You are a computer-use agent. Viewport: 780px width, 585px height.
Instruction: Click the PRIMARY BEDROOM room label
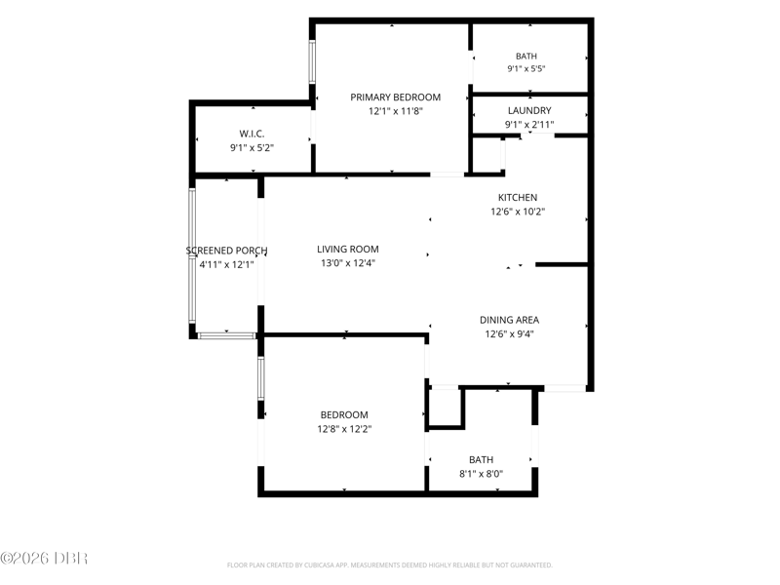pyautogui.click(x=396, y=97)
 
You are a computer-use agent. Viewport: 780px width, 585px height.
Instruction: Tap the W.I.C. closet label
pyautogui.click(x=252, y=134)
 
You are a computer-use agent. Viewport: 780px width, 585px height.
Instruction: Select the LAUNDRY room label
pyautogui.click(x=529, y=110)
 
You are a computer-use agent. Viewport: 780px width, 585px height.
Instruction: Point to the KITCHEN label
pyautogui.click(x=518, y=198)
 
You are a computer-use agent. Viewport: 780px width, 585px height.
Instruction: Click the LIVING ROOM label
pyautogui.click(x=348, y=250)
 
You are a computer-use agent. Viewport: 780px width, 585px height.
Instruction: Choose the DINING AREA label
pyautogui.click(x=509, y=320)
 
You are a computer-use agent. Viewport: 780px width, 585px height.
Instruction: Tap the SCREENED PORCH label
pyautogui.click(x=227, y=251)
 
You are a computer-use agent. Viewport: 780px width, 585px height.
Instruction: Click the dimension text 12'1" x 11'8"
pyautogui.click(x=396, y=111)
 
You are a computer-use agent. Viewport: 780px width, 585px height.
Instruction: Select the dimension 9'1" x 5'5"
pyautogui.click(x=526, y=68)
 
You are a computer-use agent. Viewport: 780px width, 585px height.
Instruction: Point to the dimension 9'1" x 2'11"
pyautogui.click(x=529, y=125)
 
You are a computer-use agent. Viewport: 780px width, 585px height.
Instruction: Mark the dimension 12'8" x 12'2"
pyautogui.click(x=344, y=429)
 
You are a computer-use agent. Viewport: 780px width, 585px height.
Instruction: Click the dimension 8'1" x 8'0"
pyautogui.click(x=481, y=474)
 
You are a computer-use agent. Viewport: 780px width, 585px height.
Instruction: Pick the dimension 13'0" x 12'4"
pyautogui.click(x=348, y=263)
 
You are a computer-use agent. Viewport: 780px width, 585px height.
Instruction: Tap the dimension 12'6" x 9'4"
pyautogui.click(x=509, y=333)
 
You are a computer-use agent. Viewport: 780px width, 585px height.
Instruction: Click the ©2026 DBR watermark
pyautogui.click(x=44, y=558)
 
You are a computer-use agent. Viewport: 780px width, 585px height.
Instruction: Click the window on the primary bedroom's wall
pyautogui.click(x=312, y=62)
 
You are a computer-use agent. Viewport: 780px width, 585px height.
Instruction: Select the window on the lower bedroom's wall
pyautogui.click(x=260, y=378)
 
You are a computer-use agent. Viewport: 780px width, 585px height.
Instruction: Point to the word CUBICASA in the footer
pyautogui.click(x=319, y=565)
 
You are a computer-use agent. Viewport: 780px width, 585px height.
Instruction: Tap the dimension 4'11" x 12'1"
pyautogui.click(x=227, y=264)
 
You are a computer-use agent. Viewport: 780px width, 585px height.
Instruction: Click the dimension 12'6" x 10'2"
pyautogui.click(x=518, y=212)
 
